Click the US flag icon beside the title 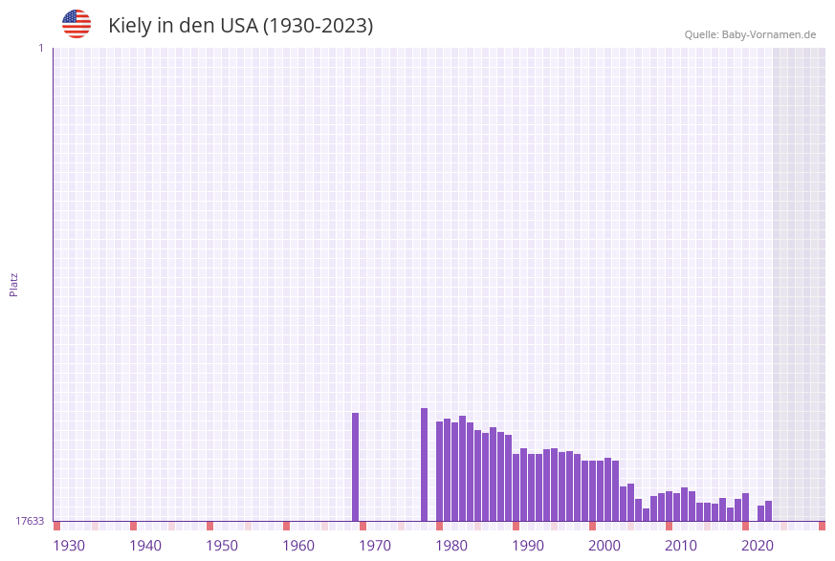click(x=77, y=24)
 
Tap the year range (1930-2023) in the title click(x=318, y=26)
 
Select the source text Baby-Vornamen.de click(x=768, y=34)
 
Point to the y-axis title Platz click(x=14, y=284)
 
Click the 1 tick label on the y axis click(x=40, y=48)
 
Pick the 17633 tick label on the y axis click(x=30, y=521)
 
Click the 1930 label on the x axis click(x=69, y=546)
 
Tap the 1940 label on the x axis click(x=145, y=546)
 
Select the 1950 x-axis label click(x=222, y=546)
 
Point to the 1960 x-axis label click(x=298, y=546)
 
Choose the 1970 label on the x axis click(x=375, y=546)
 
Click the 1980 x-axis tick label click(x=451, y=546)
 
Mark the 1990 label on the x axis click(x=528, y=546)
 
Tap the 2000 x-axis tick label click(x=604, y=546)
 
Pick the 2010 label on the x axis click(x=681, y=546)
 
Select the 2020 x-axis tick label click(x=758, y=546)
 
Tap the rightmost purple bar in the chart click(x=769, y=510)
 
